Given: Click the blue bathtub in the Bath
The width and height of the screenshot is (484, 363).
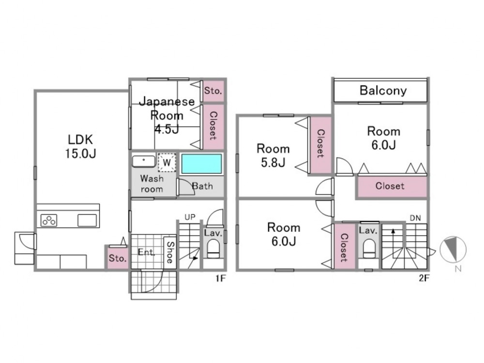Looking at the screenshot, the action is pos(201,164).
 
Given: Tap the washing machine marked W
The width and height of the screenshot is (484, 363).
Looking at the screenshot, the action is pos(166,162).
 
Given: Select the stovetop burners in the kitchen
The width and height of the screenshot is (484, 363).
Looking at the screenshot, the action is pos(49,220).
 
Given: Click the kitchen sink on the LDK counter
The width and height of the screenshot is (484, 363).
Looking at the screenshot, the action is pos(87,220).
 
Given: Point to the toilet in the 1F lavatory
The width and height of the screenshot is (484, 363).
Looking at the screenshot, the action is pos(213,248).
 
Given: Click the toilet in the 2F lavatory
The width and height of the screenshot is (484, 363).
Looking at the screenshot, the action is pos(369,248).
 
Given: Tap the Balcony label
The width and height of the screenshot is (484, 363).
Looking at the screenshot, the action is pos(383,91).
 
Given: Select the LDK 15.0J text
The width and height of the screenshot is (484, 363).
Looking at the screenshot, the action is pos(80,146).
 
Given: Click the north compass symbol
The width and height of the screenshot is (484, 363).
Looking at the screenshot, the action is pos(453,249).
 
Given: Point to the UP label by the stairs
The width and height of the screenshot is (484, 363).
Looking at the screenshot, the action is pos(190,217).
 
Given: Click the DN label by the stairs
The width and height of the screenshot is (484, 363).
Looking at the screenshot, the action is pos(415,218).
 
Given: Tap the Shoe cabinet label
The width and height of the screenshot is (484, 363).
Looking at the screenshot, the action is pos(170,252).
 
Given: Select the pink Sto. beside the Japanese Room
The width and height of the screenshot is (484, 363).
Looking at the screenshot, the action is pos(213,91).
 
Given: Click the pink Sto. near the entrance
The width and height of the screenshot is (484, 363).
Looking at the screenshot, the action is pos(117,258).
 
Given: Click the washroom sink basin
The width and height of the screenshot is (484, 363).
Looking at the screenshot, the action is pos(144,161).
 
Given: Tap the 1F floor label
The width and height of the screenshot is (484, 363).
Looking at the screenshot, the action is pos(221,278).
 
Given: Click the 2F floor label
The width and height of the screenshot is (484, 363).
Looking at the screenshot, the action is pos(424,278).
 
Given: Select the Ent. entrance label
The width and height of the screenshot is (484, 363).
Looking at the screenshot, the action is pos(146,252).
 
